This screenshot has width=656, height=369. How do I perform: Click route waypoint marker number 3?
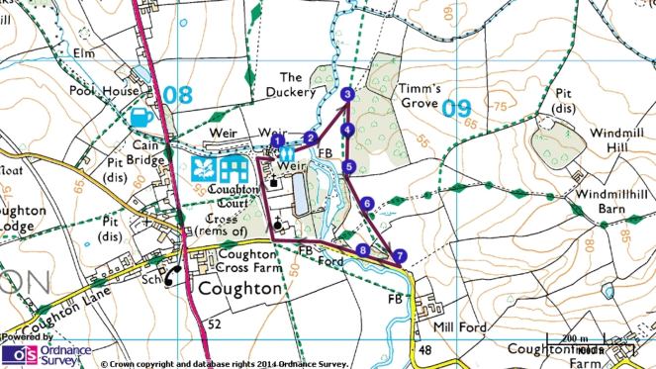click(347, 95)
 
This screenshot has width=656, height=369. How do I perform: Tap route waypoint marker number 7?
click(399, 256)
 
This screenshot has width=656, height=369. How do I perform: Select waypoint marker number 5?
click(349, 166)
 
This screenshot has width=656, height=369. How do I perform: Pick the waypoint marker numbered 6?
click(367, 205)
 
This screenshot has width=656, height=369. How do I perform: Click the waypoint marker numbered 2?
click(310, 138)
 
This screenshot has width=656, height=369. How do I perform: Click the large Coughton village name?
click(239, 290)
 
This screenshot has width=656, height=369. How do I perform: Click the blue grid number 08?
click(178, 96)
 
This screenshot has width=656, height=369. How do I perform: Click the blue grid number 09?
click(456, 108)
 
